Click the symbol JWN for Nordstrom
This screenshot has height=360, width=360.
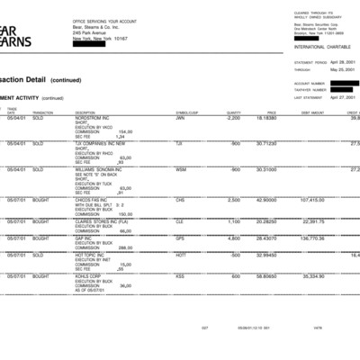click(x=180, y=118)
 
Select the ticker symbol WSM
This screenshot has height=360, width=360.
click(x=181, y=169)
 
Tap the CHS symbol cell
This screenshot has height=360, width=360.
click(x=180, y=200)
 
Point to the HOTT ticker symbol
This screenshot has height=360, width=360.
click(x=181, y=256)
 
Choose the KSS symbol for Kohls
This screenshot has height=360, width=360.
click(x=180, y=276)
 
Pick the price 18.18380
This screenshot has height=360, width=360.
click(x=265, y=118)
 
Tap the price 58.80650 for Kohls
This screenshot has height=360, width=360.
click(x=265, y=276)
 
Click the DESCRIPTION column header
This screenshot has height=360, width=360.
click(x=85, y=112)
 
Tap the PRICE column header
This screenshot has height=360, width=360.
click(x=271, y=112)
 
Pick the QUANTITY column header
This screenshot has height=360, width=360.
click(x=233, y=112)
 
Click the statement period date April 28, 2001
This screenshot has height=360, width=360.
click(x=342, y=63)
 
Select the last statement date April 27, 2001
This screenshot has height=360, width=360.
click(x=342, y=95)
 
